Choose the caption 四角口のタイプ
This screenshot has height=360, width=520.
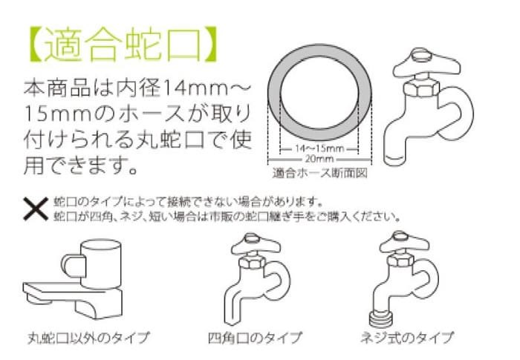[x=255, y=338]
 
